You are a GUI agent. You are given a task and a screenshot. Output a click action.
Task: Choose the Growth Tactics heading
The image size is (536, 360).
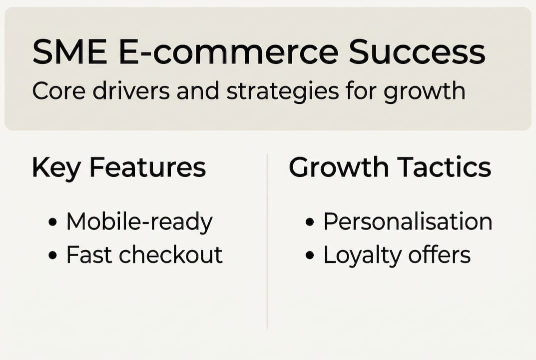pos(390,168)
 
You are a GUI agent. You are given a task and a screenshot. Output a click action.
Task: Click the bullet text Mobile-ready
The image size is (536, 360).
pos(139,222)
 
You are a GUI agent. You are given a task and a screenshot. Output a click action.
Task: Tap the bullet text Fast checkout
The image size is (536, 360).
pos(144,255)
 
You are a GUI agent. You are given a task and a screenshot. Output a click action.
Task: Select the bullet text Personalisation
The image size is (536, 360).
pos(408,222)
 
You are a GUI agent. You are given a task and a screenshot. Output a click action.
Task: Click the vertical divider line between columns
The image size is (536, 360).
pos(267,240)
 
